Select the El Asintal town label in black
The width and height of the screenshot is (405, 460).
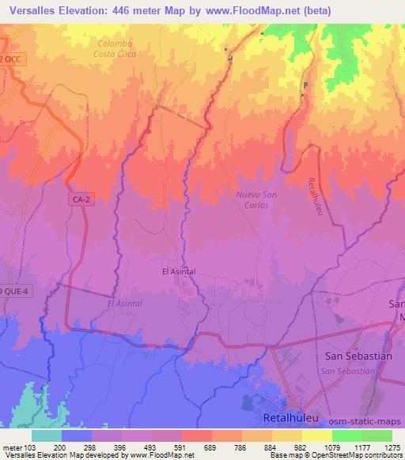tap(178, 271)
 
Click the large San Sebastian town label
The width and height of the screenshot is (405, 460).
tap(358, 356)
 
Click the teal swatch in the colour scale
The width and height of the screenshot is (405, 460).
tap(46, 435)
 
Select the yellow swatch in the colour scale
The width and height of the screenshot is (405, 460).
tap(316, 435)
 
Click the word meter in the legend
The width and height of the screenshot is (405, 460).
tap(13, 447)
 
